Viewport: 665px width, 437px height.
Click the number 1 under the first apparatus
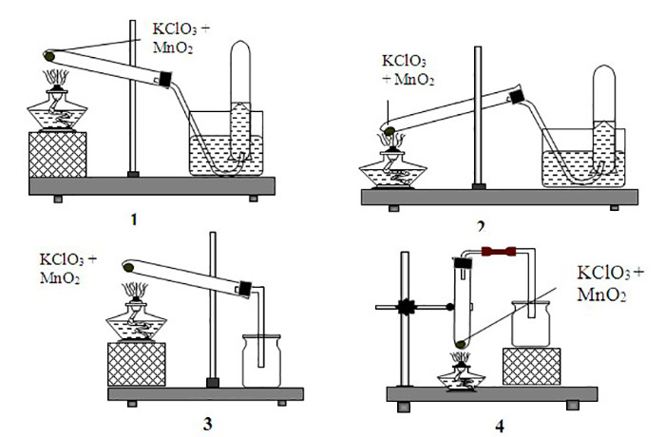134,219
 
